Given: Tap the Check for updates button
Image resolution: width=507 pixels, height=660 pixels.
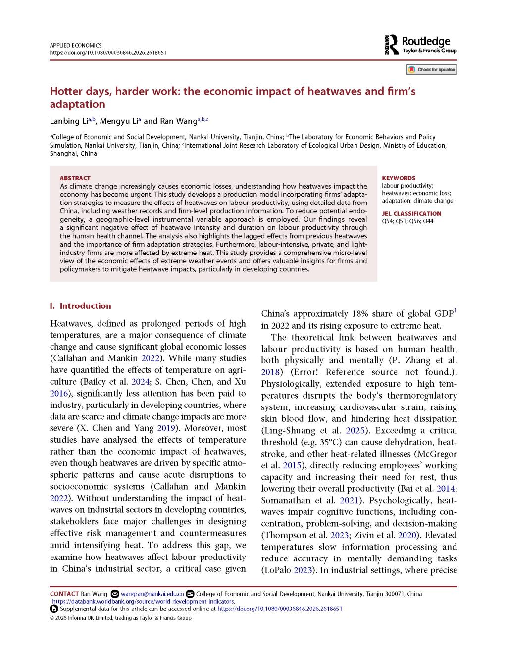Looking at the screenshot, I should point(431,70).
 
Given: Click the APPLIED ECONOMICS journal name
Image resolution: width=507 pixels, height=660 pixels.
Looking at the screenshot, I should point(76,45).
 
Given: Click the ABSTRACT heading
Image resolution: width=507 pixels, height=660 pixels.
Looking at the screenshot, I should point(75,178).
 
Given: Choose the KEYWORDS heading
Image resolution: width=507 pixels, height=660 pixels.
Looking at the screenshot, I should point(399,178).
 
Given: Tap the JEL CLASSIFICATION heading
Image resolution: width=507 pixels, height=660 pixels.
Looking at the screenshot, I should point(411,214).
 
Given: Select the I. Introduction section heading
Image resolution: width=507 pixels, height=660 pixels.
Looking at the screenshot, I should point(81,306).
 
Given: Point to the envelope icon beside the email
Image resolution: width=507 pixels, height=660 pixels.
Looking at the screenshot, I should point(115,594).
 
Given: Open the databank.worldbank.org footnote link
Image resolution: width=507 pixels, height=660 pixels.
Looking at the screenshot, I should point(143,601).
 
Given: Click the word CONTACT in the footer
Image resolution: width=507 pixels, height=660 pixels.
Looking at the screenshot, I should point(64,594).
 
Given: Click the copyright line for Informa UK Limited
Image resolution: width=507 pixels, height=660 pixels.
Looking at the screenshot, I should point(120,618).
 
